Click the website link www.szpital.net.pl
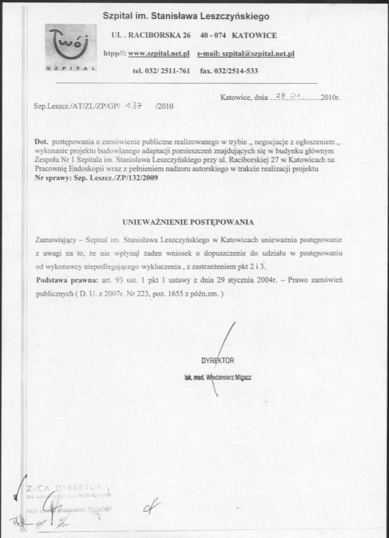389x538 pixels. click(158, 54)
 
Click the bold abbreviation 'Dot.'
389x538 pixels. click(42, 142)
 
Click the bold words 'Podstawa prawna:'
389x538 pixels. click(60, 280)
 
